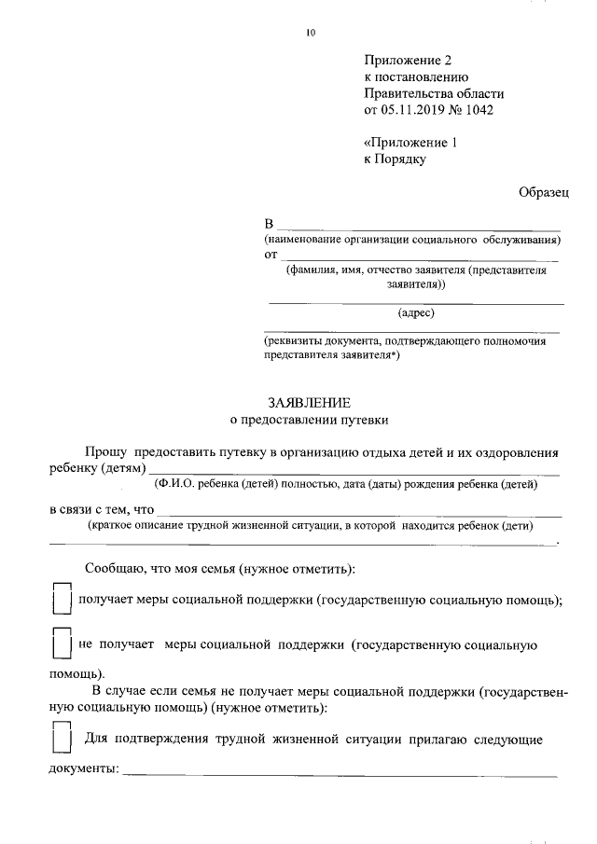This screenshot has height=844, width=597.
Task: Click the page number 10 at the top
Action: (311, 34)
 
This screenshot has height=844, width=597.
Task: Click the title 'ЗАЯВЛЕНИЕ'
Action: (309, 403)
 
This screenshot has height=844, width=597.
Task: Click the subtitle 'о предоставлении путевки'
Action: (309, 421)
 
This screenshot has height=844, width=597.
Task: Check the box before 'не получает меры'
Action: (62, 643)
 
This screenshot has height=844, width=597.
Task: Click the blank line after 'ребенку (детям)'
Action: (354, 473)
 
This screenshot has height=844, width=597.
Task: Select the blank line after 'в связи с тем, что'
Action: (359, 514)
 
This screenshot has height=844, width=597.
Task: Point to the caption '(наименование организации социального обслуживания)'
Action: (411, 240)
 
